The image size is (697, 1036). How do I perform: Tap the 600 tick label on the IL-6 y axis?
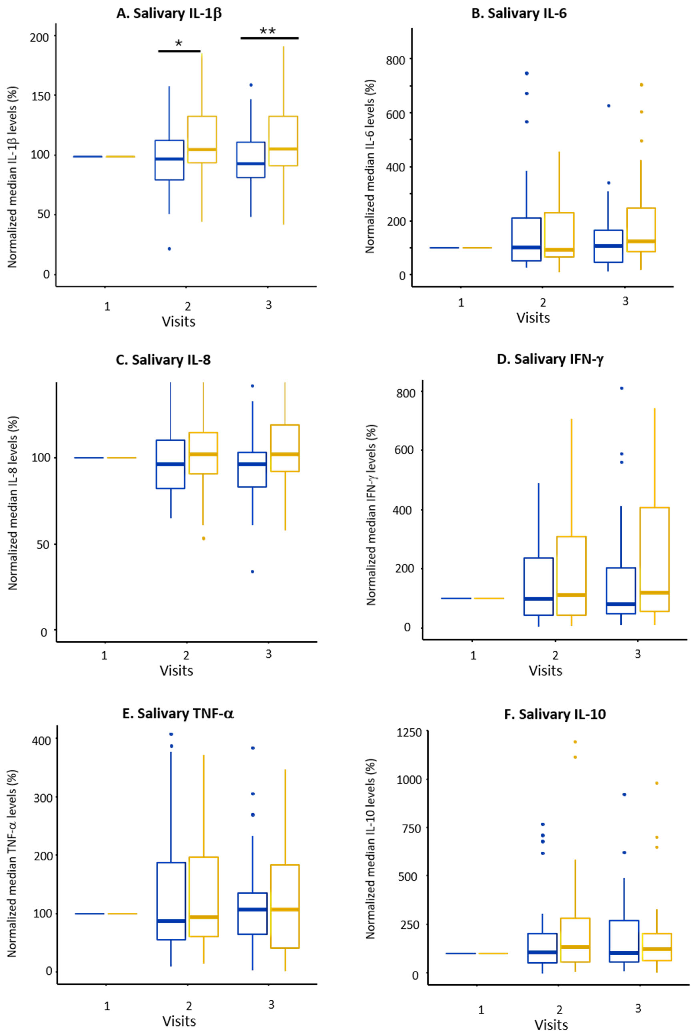tap(396, 114)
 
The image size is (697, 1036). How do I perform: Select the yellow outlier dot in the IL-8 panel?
tap(204, 538)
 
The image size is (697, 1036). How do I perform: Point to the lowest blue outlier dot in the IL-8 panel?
tap(252, 572)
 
